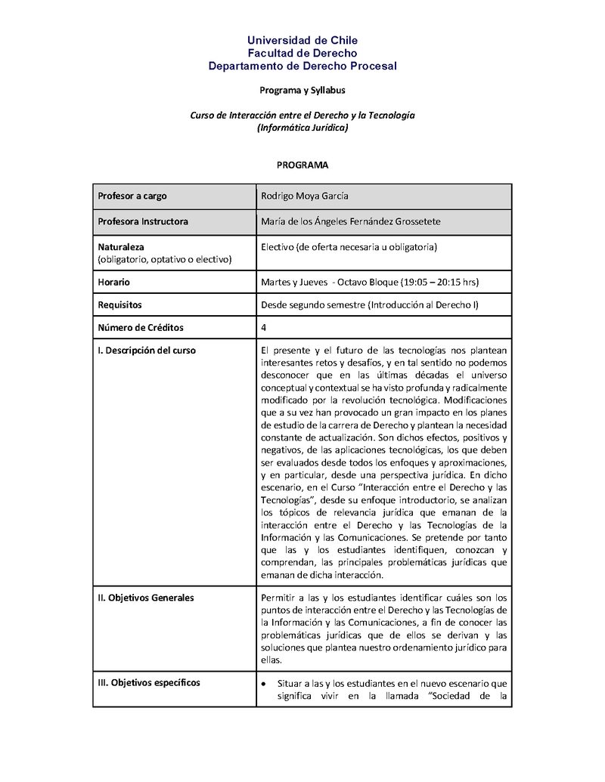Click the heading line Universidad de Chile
[302, 40]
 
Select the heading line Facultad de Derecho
[302, 53]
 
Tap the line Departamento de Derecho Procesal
[302, 66]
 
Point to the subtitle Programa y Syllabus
[302, 91]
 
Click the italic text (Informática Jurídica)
[302, 128]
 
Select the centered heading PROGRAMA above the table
[302, 164]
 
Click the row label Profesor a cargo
[132, 196]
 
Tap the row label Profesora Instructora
[143, 221]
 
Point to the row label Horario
[114, 282]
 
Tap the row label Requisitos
[120, 304]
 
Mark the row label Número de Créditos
[141, 328]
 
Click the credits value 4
[263, 328]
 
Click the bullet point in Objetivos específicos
[263, 683]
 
